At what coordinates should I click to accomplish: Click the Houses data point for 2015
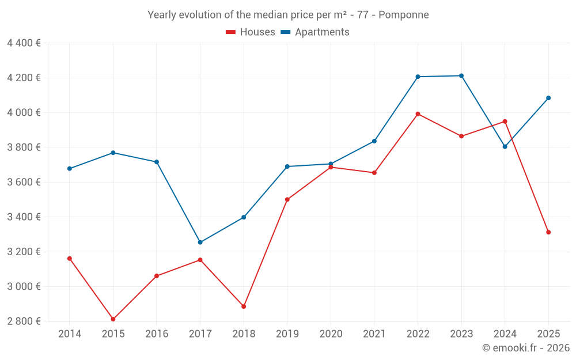tap(113, 319)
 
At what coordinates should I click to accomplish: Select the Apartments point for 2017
tap(200, 242)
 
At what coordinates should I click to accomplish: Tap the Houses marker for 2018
tap(244, 306)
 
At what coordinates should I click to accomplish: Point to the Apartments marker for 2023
tap(461, 75)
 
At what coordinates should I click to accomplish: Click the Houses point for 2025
tap(548, 232)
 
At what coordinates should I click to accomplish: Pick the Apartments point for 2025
tap(548, 98)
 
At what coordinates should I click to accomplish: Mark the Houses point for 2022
tap(418, 114)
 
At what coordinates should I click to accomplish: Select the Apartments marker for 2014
tap(70, 169)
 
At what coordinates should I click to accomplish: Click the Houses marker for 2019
tap(287, 200)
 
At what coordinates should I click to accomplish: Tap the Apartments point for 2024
tap(505, 146)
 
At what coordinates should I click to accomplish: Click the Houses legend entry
tap(251, 32)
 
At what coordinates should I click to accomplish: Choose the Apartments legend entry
tap(315, 32)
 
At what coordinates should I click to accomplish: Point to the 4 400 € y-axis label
tap(24, 43)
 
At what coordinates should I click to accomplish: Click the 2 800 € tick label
tap(24, 321)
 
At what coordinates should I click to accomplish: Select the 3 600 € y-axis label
tap(24, 182)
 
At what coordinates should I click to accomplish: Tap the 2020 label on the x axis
tap(331, 334)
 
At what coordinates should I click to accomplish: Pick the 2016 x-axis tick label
tap(157, 334)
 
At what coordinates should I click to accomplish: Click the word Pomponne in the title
tap(406, 15)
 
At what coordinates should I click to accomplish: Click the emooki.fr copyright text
tap(525, 348)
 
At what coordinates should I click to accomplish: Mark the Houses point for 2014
tap(70, 259)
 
